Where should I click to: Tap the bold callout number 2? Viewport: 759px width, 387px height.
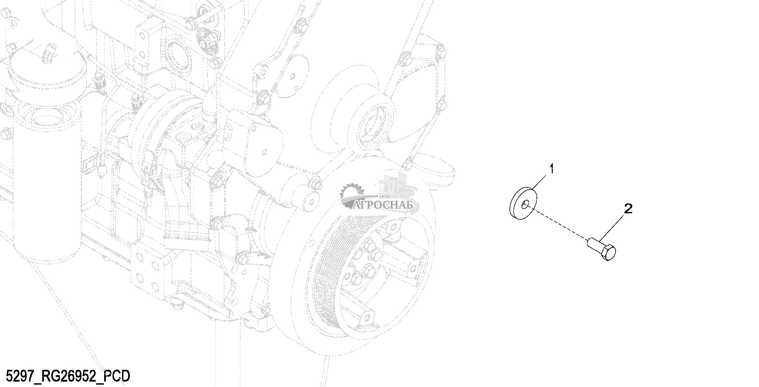627,209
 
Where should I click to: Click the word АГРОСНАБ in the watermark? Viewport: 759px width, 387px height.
383,205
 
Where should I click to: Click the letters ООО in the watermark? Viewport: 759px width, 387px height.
385,196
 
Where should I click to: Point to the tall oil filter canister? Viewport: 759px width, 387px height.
46,169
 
